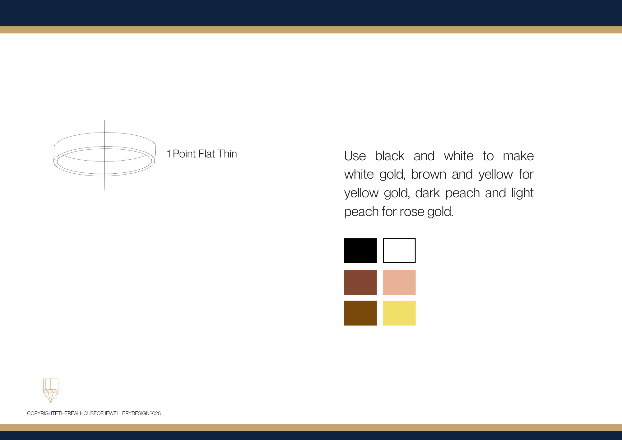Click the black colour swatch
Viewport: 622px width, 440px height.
coord(360,251)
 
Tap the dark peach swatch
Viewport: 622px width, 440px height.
coord(360,283)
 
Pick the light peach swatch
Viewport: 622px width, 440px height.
coord(399,283)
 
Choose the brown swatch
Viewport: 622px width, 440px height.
coord(360,313)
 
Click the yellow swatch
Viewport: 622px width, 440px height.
coord(399,313)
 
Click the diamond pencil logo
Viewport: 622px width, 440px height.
coord(51,391)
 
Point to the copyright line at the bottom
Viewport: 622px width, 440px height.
coord(94,413)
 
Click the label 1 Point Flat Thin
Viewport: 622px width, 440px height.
coord(202,154)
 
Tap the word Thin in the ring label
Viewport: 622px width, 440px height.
coord(227,154)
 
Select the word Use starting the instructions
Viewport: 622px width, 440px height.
coord(355,156)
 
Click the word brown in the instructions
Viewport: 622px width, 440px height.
coord(429,174)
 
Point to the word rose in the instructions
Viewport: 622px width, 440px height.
coord(412,212)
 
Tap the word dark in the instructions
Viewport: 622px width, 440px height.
coord(427,193)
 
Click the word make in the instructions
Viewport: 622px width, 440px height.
coord(518,156)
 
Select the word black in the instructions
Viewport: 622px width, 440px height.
coord(390,156)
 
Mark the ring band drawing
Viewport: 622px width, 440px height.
coord(54,156)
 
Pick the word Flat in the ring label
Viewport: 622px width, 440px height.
coord(207,154)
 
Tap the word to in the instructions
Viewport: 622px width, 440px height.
coord(488,156)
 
